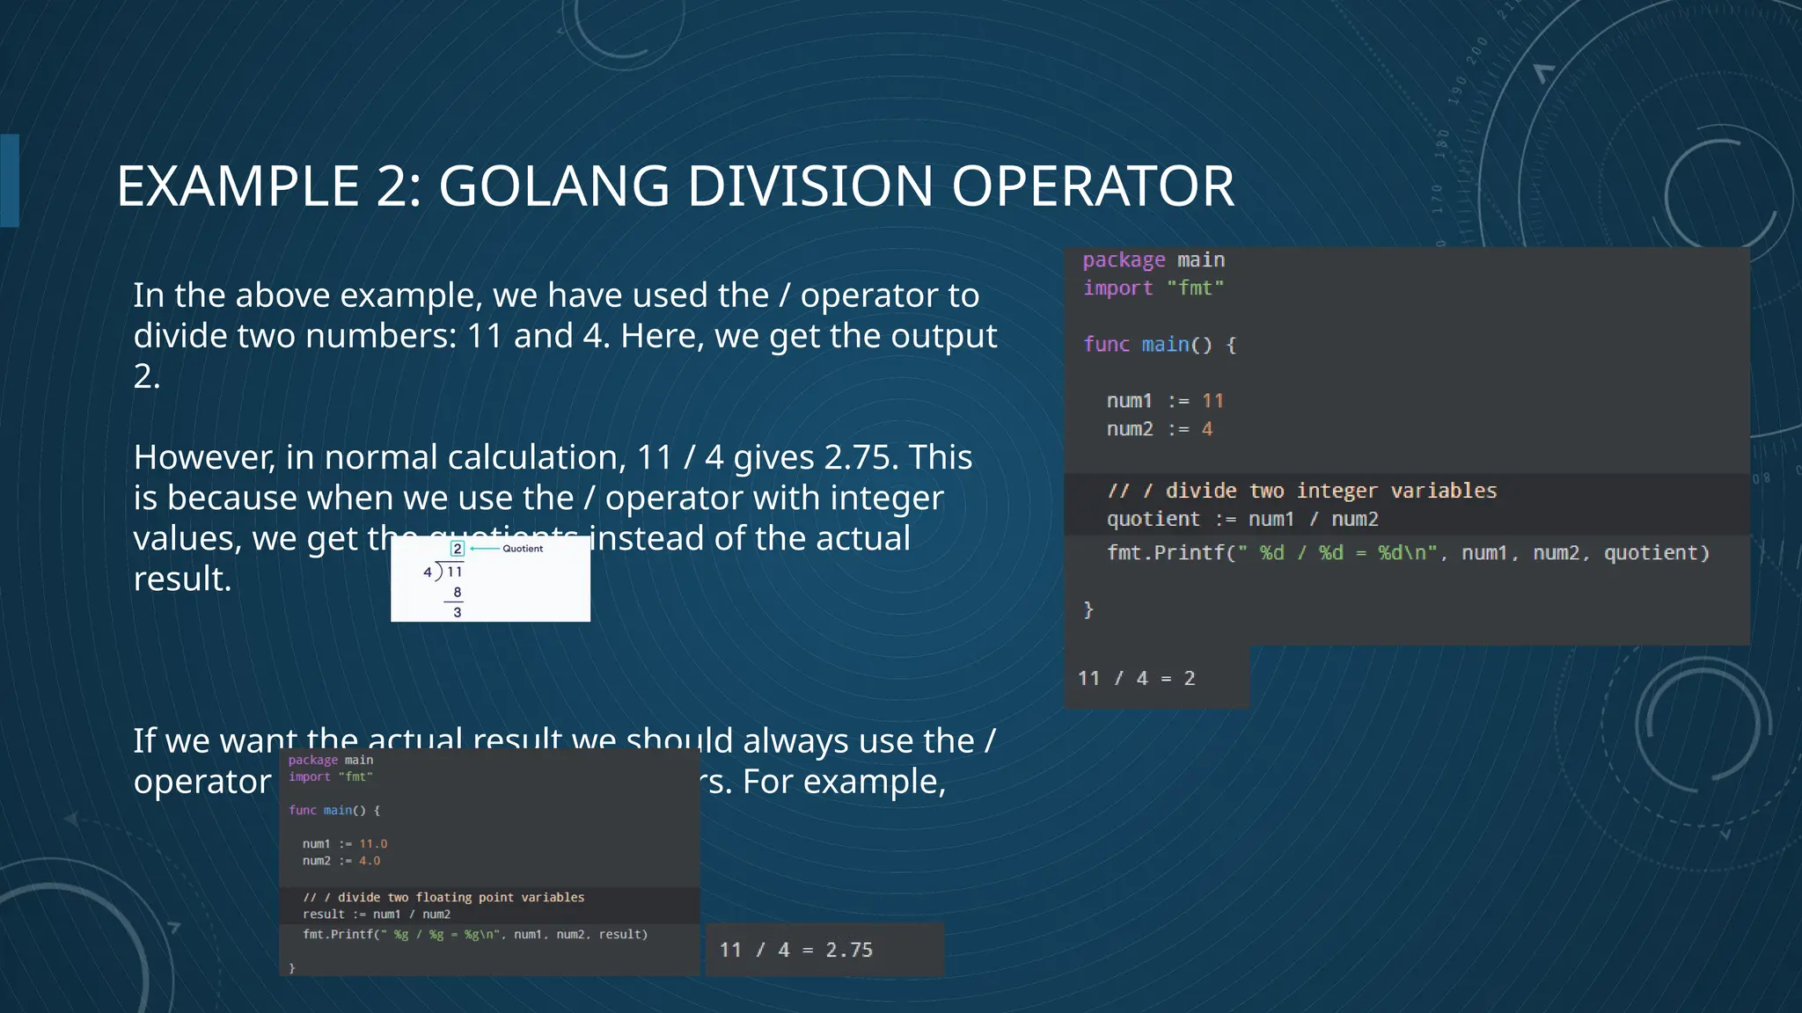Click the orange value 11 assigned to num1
click(1212, 401)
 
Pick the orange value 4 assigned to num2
click(1207, 429)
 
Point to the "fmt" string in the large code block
click(1195, 288)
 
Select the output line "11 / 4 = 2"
click(1136, 678)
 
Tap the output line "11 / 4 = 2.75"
click(795, 950)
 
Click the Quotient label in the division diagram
click(523, 549)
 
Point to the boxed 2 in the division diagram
click(458, 549)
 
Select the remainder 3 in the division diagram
click(458, 612)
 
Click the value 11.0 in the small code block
click(373, 844)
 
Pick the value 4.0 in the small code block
click(370, 861)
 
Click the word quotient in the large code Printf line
click(1656, 553)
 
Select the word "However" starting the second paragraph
click(203, 457)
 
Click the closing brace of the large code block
click(1088, 609)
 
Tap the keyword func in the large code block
click(1106, 345)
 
